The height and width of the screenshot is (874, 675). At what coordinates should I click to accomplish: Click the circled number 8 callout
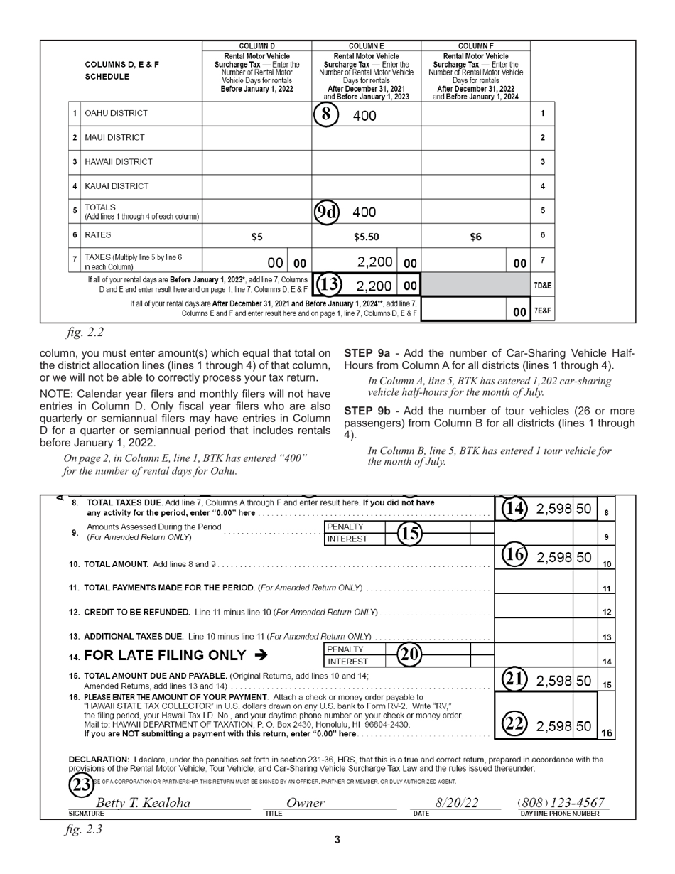[325, 115]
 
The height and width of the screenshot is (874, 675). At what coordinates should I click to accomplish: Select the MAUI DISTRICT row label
[114, 138]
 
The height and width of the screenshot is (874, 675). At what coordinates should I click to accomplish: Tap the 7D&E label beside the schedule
[543, 286]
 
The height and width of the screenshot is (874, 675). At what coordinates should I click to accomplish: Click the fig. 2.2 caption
[84, 332]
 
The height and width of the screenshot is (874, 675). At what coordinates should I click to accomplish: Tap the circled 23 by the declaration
[80, 784]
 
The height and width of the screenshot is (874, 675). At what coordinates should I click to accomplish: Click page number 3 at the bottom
[337, 840]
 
